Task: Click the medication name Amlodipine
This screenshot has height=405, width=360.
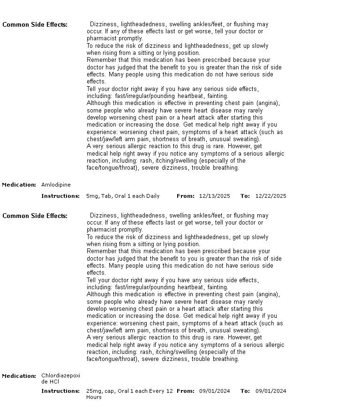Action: coord(56,185)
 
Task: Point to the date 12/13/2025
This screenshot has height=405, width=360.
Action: coord(214,196)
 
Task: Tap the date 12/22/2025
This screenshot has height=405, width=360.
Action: coord(270,196)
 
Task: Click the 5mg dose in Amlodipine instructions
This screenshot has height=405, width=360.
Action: coord(91,196)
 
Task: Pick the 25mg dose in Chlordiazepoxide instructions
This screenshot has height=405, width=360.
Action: coord(93,391)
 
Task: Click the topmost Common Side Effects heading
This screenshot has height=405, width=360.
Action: coord(35,24)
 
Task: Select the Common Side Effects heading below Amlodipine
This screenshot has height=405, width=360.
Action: coord(35,216)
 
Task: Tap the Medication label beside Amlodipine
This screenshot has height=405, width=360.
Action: coord(19,185)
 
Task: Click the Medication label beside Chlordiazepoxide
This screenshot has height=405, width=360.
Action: coord(19,376)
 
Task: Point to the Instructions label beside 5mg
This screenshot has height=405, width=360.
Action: coord(60,196)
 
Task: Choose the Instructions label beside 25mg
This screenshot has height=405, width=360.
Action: coord(60,391)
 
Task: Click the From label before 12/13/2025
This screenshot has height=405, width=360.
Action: coord(185,196)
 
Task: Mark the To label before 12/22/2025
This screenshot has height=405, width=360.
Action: coord(245,196)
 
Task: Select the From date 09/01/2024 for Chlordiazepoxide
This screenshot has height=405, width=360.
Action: coord(214,391)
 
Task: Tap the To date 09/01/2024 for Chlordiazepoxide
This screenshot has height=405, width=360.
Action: coord(270,391)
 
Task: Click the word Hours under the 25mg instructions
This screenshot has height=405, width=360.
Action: coord(94,397)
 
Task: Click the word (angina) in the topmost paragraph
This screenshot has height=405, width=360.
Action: coord(269,103)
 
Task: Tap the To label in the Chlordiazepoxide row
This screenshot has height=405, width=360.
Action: coord(245,391)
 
